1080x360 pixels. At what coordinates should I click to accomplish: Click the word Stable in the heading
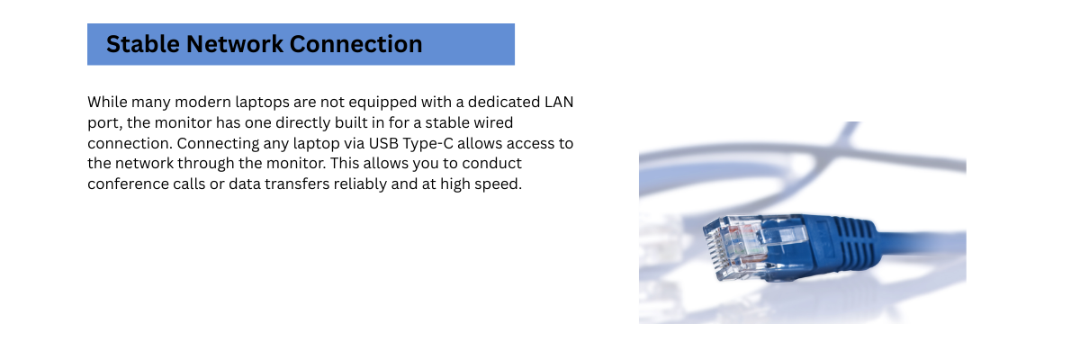click(143, 44)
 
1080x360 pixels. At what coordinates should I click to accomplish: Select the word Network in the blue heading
click(234, 44)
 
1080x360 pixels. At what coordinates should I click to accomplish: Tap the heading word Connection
click(355, 44)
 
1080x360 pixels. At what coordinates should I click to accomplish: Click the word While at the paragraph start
click(107, 103)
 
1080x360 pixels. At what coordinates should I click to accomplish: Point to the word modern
click(202, 103)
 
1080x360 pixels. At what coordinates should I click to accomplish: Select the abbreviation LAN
click(559, 103)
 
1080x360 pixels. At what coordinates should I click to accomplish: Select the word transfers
click(297, 184)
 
